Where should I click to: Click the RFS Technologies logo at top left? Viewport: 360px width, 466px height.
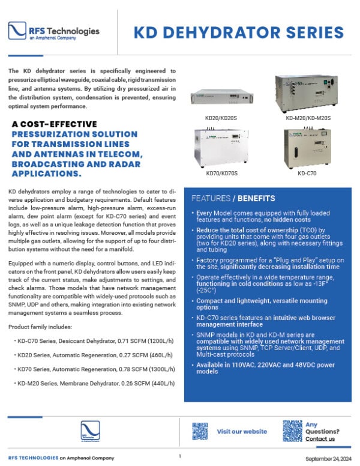54,32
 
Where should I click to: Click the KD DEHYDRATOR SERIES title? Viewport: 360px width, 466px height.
238,32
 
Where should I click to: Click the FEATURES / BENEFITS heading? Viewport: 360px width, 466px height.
233,198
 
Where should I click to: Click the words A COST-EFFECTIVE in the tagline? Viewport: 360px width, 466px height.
55,124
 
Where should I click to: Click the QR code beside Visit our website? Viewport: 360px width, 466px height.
200,431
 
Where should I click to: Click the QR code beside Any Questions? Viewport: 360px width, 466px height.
292,431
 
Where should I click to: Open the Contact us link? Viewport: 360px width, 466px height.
320,439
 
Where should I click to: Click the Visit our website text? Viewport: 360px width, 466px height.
242,431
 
